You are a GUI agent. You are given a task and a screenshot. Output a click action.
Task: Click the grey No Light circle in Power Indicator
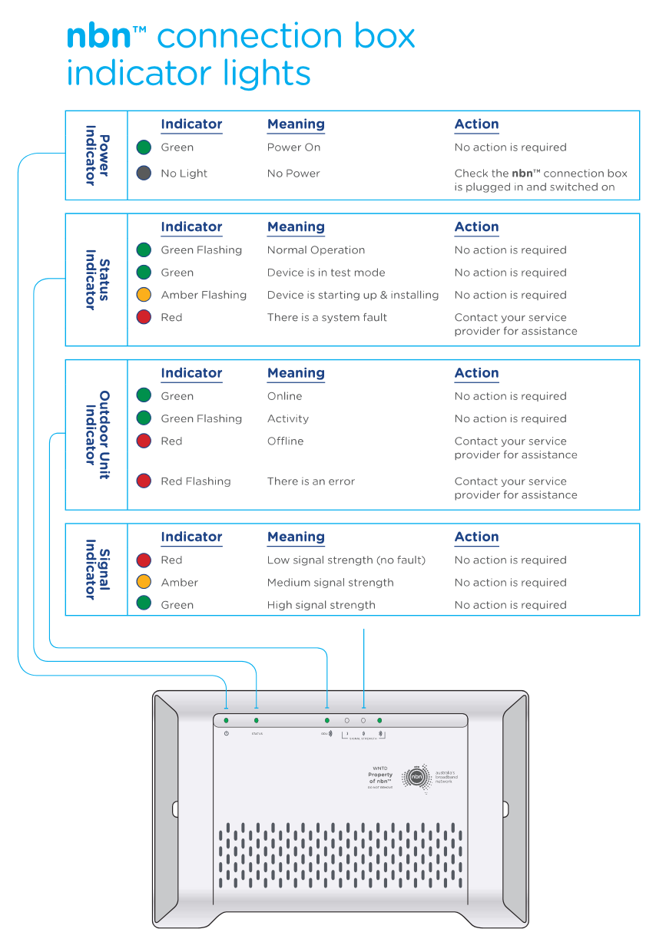144,174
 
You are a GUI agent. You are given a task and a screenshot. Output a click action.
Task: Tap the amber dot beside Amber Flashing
144,295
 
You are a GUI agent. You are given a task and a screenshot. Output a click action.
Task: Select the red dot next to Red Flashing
144,481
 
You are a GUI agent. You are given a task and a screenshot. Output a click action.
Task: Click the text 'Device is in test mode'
326,273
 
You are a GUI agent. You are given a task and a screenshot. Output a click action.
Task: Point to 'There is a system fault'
326,317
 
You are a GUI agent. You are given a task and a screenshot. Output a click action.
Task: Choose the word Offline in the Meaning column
285,441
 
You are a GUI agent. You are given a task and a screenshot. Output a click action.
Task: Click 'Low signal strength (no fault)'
346,560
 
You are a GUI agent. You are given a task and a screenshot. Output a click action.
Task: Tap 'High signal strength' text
321,605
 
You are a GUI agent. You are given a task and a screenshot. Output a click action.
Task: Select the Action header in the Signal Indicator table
476,537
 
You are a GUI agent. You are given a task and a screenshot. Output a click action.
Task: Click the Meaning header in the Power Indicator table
296,124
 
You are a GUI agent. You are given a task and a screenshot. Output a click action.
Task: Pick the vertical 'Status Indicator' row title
97,279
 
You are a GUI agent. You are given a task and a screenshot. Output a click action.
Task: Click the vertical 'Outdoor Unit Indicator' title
97,435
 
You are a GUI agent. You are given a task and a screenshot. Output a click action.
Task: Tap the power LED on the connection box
226,721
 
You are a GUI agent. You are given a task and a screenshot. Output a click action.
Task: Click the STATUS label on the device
257,734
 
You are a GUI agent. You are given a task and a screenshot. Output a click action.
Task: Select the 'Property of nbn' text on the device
380,778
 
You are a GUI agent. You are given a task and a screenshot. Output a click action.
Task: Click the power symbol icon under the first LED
226,734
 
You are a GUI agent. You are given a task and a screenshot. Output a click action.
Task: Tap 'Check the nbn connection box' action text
540,174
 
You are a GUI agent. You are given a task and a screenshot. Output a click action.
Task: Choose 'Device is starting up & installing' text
353,295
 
